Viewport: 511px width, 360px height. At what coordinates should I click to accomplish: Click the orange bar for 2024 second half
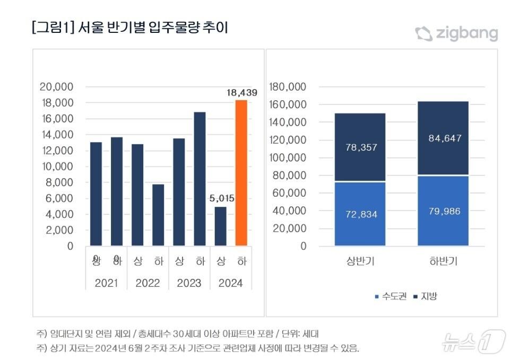pos(241,173)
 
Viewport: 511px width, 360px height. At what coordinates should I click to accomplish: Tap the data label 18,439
pos(241,93)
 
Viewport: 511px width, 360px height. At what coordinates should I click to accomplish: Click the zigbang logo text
pos(466,34)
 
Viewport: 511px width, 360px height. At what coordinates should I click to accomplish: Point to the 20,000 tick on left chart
pos(56,87)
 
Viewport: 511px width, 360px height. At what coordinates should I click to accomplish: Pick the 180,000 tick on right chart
pos(288,87)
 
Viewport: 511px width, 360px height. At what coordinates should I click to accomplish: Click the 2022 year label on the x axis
pos(148,283)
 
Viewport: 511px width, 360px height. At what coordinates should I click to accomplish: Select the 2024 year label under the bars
pos(231,283)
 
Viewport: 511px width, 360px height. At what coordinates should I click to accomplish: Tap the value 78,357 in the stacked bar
pos(360,147)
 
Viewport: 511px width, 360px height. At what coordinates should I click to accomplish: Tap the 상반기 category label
pos(360,261)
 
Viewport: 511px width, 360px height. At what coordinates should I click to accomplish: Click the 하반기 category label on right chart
pos(444,261)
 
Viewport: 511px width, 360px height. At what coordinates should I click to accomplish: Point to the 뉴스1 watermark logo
pos(472,342)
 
